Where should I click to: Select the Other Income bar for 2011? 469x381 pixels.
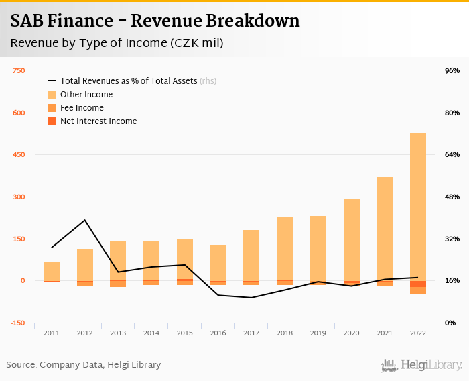click(x=52, y=271)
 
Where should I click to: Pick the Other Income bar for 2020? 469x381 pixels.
click(x=352, y=239)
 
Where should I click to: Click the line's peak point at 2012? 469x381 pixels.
click(x=85, y=220)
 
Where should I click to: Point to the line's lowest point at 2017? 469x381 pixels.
click(x=251, y=297)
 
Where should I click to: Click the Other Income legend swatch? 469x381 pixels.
click(x=52, y=95)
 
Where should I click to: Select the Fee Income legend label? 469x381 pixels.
click(x=82, y=108)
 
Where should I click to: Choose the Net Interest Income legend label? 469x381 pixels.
click(x=98, y=121)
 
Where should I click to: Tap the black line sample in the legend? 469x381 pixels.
click(x=52, y=81)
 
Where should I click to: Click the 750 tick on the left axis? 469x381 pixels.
click(x=19, y=70)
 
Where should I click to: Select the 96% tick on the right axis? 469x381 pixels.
click(x=452, y=70)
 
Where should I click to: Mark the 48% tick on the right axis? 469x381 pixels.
click(x=452, y=197)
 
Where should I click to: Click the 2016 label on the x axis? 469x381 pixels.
click(x=218, y=333)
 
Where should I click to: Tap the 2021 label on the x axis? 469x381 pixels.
click(x=385, y=333)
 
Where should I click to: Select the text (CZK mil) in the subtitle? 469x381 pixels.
click(x=196, y=43)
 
